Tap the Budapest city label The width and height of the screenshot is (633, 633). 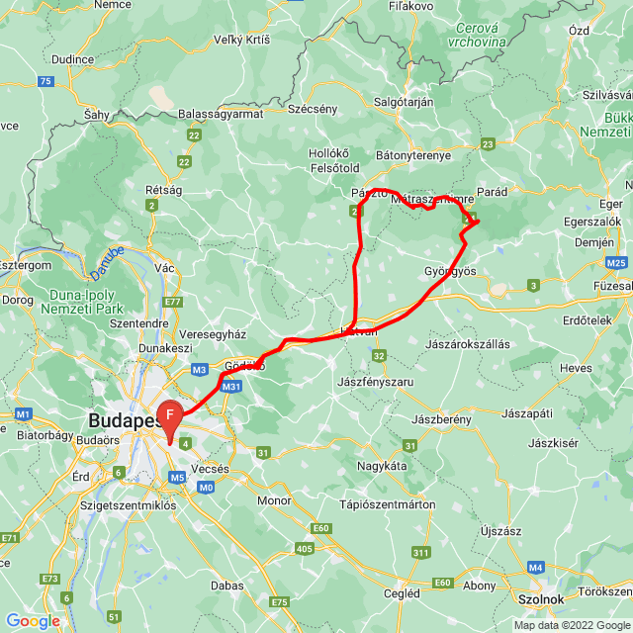(125, 419)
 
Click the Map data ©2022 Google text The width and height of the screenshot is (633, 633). (571, 625)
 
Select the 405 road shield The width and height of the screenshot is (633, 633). (304, 547)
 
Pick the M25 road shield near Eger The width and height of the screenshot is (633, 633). (617, 262)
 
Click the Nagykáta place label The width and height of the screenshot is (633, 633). (384, 464)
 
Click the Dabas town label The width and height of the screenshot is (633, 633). (227, 585)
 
